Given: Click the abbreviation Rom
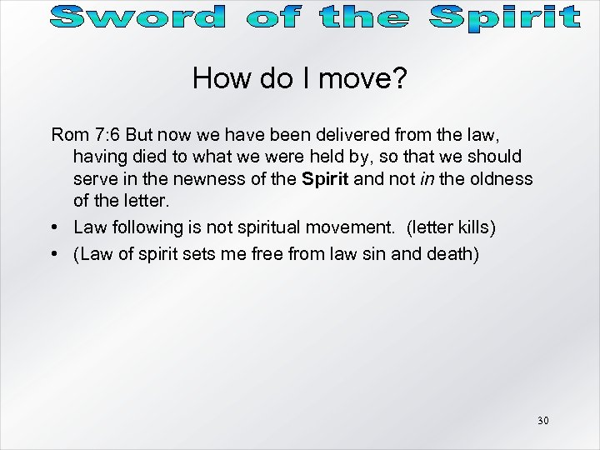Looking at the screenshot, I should tap(67, 134).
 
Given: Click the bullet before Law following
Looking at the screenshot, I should tap(55, 227).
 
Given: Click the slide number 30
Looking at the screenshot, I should tap(542, 421).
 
